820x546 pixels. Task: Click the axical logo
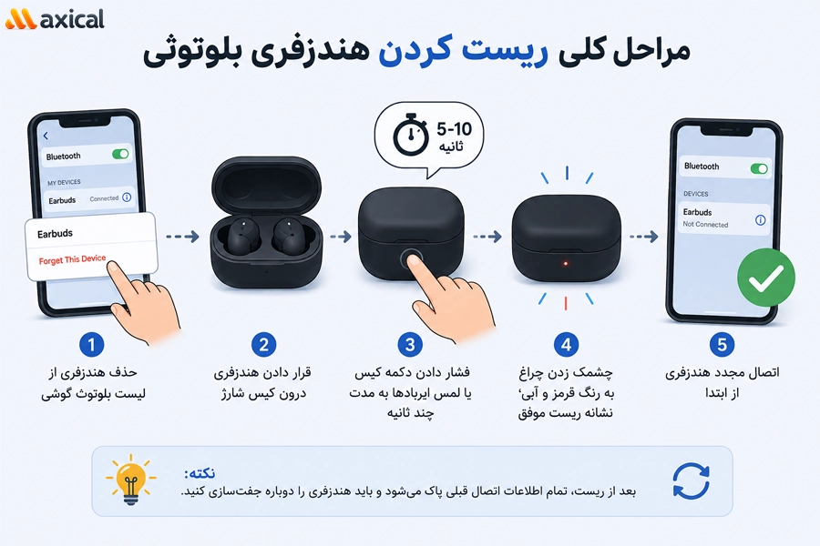(55, 19)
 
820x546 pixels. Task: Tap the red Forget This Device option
(72, 259)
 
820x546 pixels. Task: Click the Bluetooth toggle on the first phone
(120, 154)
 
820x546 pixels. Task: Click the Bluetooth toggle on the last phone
(759, 168)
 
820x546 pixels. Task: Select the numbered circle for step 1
(91, 345)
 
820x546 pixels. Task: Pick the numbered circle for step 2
(263, 345)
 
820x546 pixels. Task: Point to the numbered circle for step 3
(410, 345)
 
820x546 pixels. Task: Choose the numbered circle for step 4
(566, 345)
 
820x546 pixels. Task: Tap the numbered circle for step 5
(722, 345)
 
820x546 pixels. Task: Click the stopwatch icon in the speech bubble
(411, 134)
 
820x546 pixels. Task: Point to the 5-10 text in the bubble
(454, 128)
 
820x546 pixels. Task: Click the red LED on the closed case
(565, 263)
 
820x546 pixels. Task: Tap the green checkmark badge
(766, 278)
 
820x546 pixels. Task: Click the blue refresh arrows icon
(691, 480)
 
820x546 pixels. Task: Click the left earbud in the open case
(241, 237)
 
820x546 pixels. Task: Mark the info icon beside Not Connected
(761, 220)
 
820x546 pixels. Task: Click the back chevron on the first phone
(46, 136)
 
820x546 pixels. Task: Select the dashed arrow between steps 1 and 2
(182, 237)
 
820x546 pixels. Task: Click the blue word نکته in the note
(200, 473)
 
